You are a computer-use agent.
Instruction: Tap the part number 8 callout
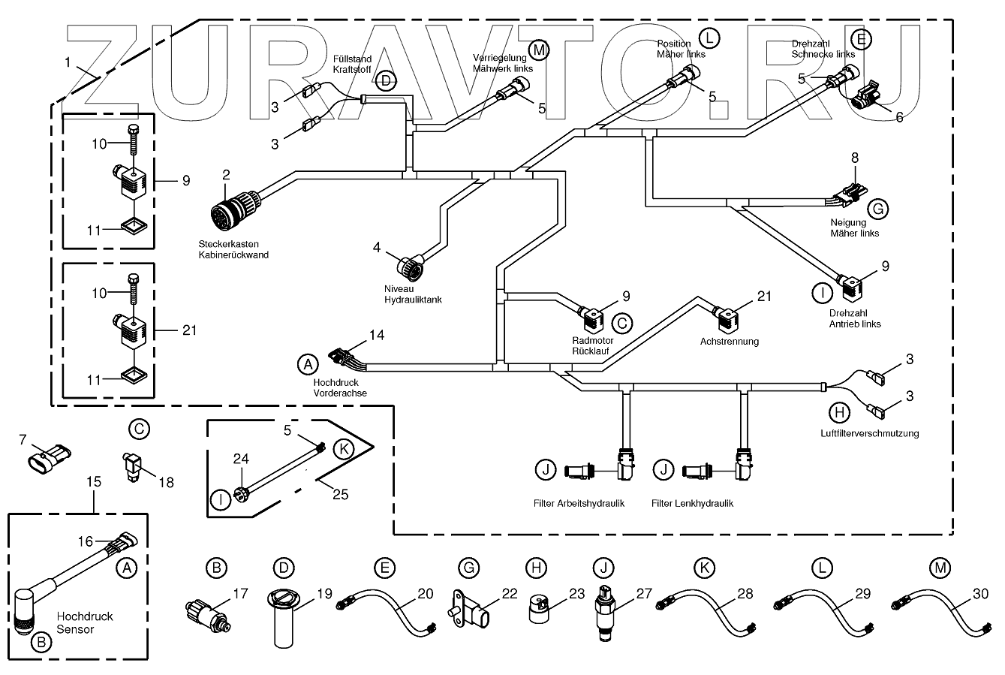853,158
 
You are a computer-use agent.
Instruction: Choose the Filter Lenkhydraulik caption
692,503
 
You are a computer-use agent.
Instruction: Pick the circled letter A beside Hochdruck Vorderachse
306,365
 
